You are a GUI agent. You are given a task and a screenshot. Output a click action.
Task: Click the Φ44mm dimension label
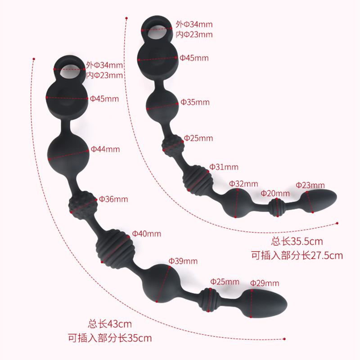pos(105,149)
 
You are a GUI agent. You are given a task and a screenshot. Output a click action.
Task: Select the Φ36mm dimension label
pos(113,199)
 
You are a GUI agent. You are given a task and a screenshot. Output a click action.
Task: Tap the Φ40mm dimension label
pos(146,234)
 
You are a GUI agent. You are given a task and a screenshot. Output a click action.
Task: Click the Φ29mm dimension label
pos(265,283)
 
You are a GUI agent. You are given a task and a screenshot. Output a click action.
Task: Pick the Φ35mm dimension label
pos(195,103)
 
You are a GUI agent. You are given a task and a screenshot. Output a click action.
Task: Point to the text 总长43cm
pos(110,323)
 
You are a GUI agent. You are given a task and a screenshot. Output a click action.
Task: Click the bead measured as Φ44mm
pos(69,153)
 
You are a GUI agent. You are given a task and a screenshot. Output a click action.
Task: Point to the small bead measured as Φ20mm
pos(275,207)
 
